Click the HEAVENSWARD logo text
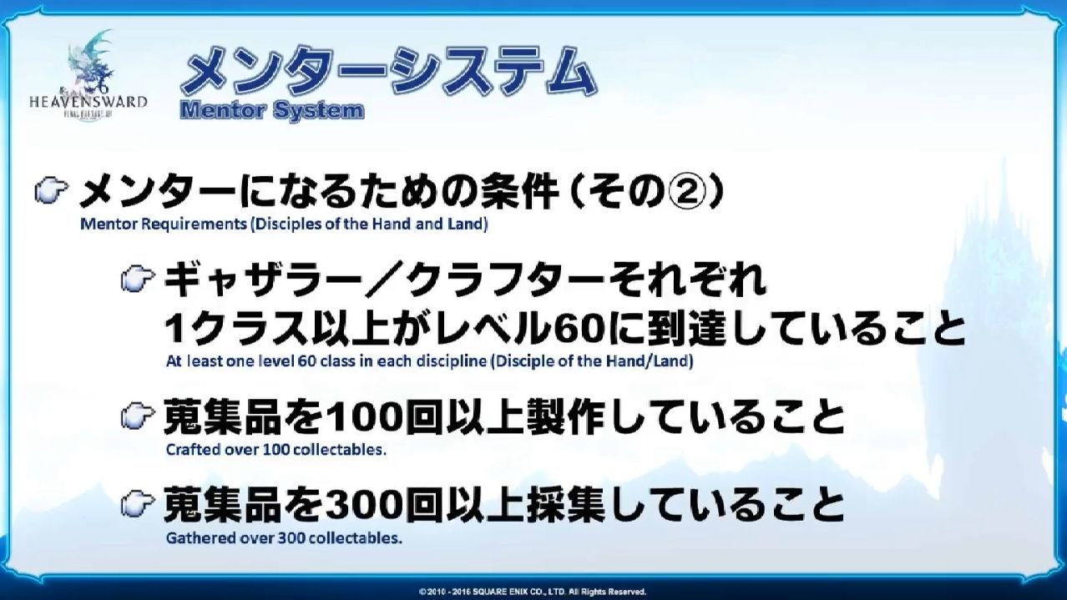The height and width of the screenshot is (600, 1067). coord(88,102)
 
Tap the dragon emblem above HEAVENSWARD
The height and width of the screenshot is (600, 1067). coord(91,62)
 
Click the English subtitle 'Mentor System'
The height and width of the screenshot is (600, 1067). coord(272,111)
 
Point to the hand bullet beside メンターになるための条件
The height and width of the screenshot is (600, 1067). coord(52,192)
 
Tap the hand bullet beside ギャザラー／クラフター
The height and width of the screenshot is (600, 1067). coord(138,279)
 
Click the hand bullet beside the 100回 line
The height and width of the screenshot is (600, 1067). coord(138,416)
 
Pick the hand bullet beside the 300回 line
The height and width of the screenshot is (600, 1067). coord(138,504)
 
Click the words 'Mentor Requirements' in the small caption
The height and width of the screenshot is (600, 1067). coord(163,224)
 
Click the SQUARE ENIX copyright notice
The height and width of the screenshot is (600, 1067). coord(533,592)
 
